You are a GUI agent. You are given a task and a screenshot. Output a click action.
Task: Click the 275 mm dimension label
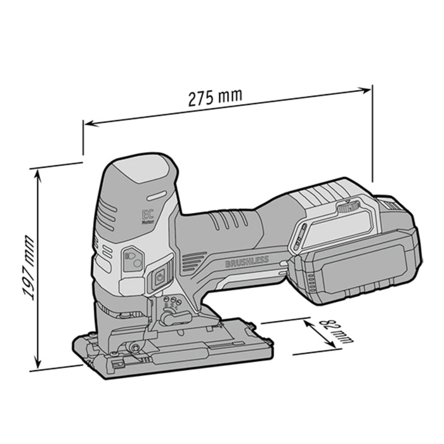pos(215,98)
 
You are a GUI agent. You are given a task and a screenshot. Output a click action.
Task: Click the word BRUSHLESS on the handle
pos(247,261)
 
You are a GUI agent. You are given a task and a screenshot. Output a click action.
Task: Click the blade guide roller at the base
pos(135,346)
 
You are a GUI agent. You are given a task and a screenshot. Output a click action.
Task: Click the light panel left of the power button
pos(133,259)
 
